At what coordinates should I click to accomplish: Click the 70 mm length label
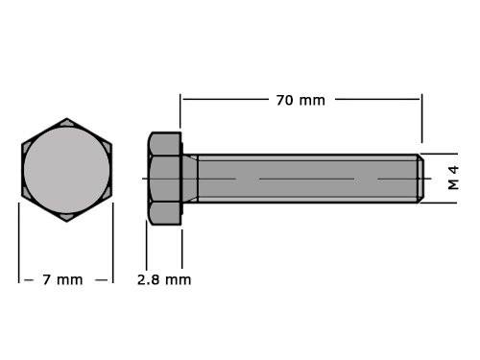click(300, 99)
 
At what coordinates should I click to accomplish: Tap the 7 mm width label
click(62, 279)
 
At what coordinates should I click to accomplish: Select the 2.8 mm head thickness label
click(163, 279)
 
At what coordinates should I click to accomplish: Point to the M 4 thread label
click(453, 178)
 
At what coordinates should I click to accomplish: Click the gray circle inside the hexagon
click(66, 170)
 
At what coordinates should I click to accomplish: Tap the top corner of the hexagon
click(66, 121)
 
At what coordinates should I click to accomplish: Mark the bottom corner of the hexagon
click(66, 220)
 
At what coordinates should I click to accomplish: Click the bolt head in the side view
click(164, 178)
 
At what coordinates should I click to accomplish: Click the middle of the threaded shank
click(307, 178)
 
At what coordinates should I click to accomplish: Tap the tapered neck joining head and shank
click(190, 178)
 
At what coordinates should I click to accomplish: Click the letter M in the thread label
click(453, 184)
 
